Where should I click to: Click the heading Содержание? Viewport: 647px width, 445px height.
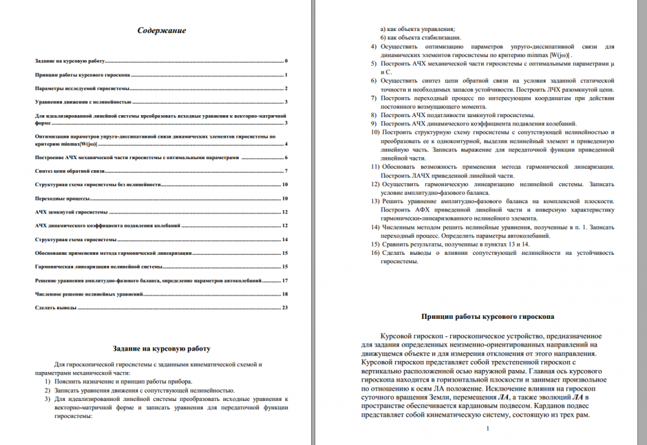(x=162, y=30)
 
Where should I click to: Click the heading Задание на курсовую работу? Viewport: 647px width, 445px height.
(x=161, y=349)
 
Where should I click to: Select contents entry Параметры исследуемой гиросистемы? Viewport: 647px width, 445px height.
(x=82, y=89)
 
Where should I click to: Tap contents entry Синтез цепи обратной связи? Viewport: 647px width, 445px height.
(x=69, y=171)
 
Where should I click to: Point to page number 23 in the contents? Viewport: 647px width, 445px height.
(x=284, y=308)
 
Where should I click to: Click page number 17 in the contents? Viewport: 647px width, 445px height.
(x=284, y=281)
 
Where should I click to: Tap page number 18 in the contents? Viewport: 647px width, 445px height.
(x=284, y=294)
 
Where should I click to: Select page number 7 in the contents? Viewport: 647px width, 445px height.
(x=285, y=171)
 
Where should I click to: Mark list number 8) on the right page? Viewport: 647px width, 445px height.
(x=373, y=114)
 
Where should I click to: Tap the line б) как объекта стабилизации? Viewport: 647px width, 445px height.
(x=420, y=38)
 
